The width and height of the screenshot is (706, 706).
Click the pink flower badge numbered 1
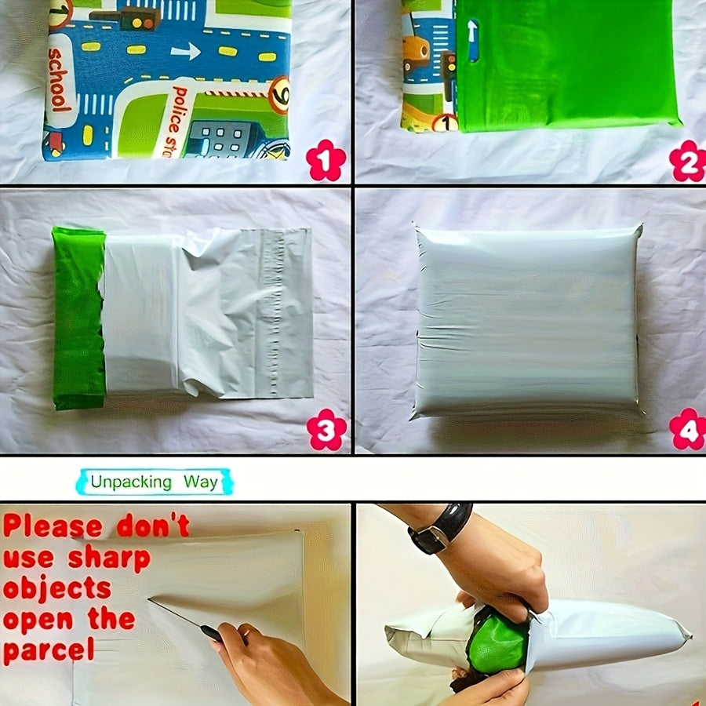(326, 162)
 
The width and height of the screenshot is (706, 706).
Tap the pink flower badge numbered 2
(687, 162)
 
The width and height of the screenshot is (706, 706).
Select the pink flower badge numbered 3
(326, 430)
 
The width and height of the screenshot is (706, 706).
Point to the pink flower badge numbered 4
(687, 428)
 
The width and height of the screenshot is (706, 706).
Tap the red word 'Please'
(53, 526)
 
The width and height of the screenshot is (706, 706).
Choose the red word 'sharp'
(109, 558)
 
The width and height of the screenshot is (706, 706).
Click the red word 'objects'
(56, 588)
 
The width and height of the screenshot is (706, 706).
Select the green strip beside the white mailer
(78, 318)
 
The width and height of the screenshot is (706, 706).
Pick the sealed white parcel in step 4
(526, 320)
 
